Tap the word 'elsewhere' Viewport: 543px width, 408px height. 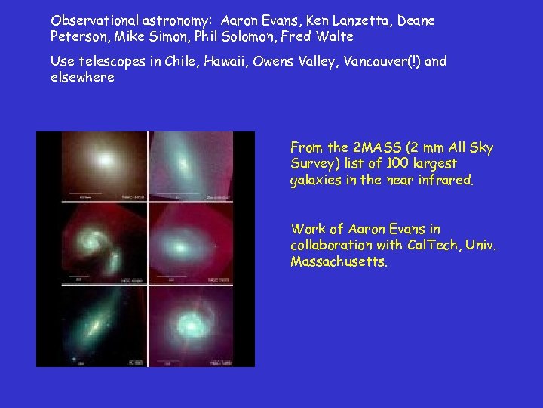click(82, 77)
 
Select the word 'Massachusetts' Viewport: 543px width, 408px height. click(338, 261)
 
